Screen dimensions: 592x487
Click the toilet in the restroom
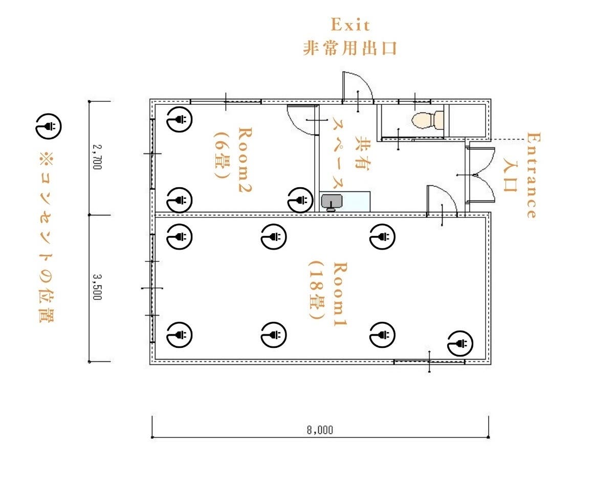coord(428,120)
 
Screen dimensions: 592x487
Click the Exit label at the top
coord(350,25)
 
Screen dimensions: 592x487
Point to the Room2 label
coord(245,160)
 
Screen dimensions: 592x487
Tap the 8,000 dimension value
coord(320,430)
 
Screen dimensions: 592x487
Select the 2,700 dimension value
coord(97,157)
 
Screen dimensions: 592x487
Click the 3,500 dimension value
coord(97,287)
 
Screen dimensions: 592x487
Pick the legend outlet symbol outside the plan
coord(48,126)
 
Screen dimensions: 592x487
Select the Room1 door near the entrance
coord(442,201)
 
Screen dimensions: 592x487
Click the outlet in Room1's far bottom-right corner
coord(460,344)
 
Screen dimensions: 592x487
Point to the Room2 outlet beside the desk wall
coord(300,200)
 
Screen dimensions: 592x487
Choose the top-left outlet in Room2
coord(180,119)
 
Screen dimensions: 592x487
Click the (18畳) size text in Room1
coord(317,290)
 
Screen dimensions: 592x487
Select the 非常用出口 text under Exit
coord(350,48)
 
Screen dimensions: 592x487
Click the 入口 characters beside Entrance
coord(511,175)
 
